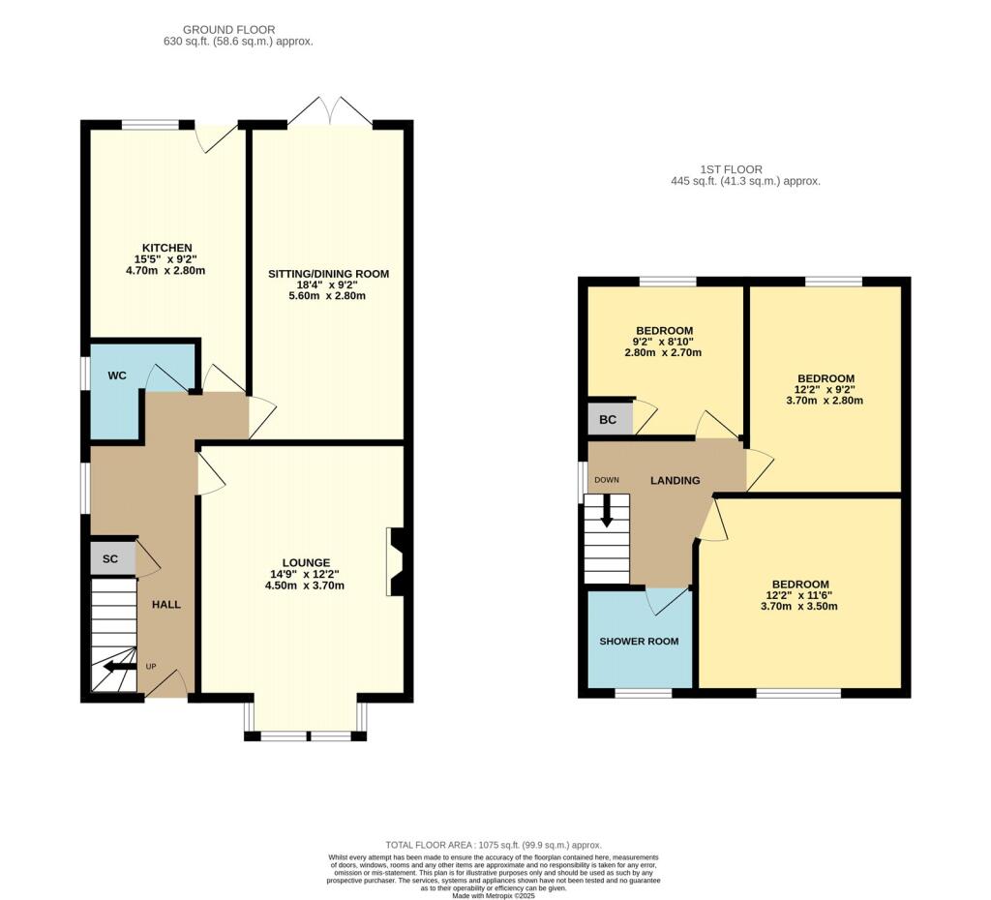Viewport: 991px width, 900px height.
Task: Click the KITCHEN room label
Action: pyautogui.click(x=166, y=248)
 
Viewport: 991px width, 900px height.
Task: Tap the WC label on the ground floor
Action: pyautogui.click(x=117, y=375)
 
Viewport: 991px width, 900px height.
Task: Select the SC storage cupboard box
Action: pyautogui.click(x=112, y=558)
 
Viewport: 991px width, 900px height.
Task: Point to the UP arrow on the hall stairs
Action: pyautogui.click(x=120, y=666)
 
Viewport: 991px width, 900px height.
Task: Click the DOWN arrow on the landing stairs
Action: pyautogui.click(x=607, y=511)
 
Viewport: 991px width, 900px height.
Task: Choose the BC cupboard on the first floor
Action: pyautogui.click(x=610, y=419)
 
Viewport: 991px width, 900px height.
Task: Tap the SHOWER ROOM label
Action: pyautogui.click(x=639, y=641)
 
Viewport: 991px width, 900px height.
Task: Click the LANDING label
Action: pyautogui.click(x=675, y=480)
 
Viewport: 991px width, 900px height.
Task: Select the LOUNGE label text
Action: pyautogui.click(x=306, y=562)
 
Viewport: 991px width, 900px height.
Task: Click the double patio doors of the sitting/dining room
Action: pyautogui.click(x=330, y=112)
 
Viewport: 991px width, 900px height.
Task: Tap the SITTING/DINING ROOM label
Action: pyautogui.click(x=329, y=274)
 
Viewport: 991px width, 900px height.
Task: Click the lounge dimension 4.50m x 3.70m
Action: pyautogui.click(x=305, y=585)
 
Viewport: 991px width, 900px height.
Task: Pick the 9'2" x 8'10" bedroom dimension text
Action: pyautogui.click(x=663, y=342)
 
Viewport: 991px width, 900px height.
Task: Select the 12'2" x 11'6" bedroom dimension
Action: pyautogui.click(x=799, y=595)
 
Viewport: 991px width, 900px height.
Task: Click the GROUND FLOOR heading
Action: pyautogui.click(x=228, y=30)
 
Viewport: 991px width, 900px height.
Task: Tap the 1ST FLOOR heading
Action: pyautogui.click(x=732, y=169)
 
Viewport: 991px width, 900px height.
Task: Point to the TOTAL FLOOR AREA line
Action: pyautogui.click(x=494, y=845)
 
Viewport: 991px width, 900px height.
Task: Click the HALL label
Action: pyautogui.click(x=166, y=604)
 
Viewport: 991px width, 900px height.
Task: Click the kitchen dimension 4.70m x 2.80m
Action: pyautogui.click(x=165, y=271)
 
